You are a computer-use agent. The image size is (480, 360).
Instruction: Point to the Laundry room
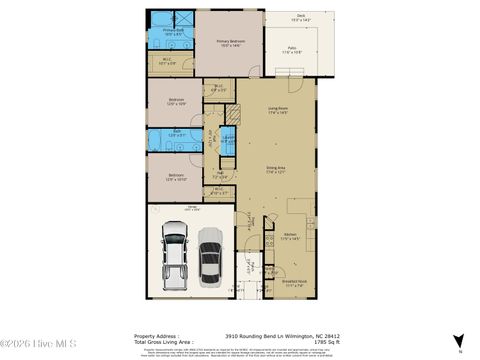pos(228,139)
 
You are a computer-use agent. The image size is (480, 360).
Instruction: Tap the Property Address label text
pos(154,335)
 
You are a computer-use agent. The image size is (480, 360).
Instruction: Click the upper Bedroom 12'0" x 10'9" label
pos(176,102)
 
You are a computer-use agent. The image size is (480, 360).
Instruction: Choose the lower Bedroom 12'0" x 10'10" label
pos(176,178)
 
